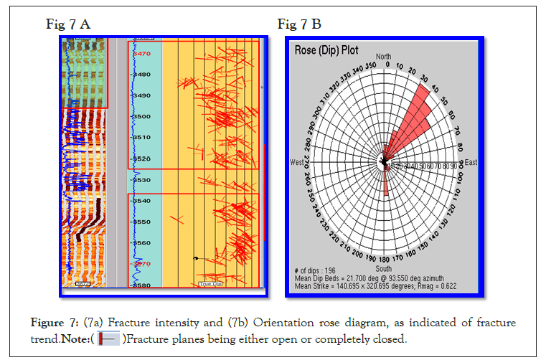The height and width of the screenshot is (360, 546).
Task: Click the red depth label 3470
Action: click(x=142, y=54)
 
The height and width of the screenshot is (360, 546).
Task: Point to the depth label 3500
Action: click(x=142, y=116)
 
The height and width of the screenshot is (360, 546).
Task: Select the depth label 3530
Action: click(x=142, y=180)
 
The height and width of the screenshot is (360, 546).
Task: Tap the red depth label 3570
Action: click(x=142, y=264)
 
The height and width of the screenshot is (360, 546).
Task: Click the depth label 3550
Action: click(x=142, y=222)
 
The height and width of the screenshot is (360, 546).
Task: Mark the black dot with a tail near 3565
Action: click(x=194, y=257)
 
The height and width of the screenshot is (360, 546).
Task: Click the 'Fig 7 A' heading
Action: click(x=68, y=25)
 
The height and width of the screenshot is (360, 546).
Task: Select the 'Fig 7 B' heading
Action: click(x=299, y=25)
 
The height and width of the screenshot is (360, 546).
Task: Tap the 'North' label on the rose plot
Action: click(x=384, y=57)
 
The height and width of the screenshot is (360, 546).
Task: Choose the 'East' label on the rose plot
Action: click(x=471, y=163)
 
